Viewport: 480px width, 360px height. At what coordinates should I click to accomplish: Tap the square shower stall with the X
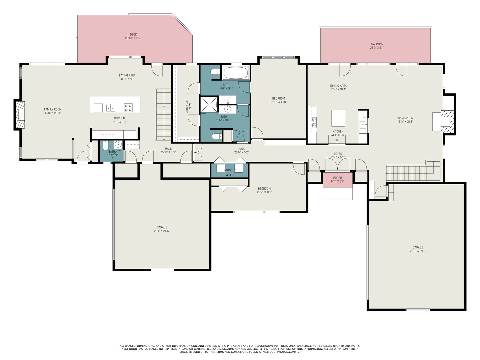click(x=209, y=104)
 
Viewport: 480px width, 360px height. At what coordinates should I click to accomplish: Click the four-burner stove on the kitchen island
click(x=128, y=108)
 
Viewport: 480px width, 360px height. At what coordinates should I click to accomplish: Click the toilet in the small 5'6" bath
click(x=105, y=146)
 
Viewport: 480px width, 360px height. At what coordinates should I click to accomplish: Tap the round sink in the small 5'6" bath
click(x=118, y=144)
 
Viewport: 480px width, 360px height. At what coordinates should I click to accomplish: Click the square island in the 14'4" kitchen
click(x=338, y=118)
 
